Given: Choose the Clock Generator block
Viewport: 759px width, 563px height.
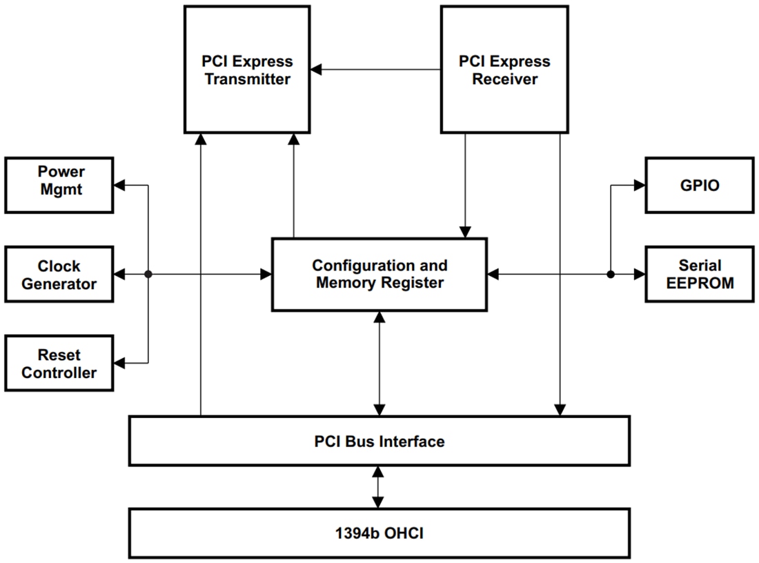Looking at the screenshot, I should tap(59, 274).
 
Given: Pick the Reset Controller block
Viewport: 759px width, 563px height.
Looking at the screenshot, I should tap(59, 363).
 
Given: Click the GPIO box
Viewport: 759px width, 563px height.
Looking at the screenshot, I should tap(699, 185).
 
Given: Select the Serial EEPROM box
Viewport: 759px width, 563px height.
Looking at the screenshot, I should tap(699, 274).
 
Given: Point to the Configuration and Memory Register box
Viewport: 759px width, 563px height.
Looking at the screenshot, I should tap(379, 274).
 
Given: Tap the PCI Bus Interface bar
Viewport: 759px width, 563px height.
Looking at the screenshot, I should tap(379, 441).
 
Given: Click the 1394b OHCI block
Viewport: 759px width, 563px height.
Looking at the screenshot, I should tap(379, 533).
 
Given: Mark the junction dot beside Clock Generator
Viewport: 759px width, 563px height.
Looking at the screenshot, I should tap(148, 274).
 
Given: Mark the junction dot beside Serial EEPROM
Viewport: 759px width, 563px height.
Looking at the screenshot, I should tap(611, 274).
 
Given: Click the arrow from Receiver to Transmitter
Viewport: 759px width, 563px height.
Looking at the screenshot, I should tap(375, 69).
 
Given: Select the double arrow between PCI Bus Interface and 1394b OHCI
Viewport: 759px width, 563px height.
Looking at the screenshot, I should tap(377, 487).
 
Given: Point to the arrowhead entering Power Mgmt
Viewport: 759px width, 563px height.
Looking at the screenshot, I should tap(119, 185).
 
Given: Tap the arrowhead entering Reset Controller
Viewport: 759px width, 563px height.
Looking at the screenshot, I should tap(119, 362).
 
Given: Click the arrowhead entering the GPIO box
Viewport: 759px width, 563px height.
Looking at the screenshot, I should tap(638, 185).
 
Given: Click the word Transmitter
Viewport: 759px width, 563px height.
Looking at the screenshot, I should tap(247, 79).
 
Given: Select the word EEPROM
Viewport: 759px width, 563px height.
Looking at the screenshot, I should tap(699, 283).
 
